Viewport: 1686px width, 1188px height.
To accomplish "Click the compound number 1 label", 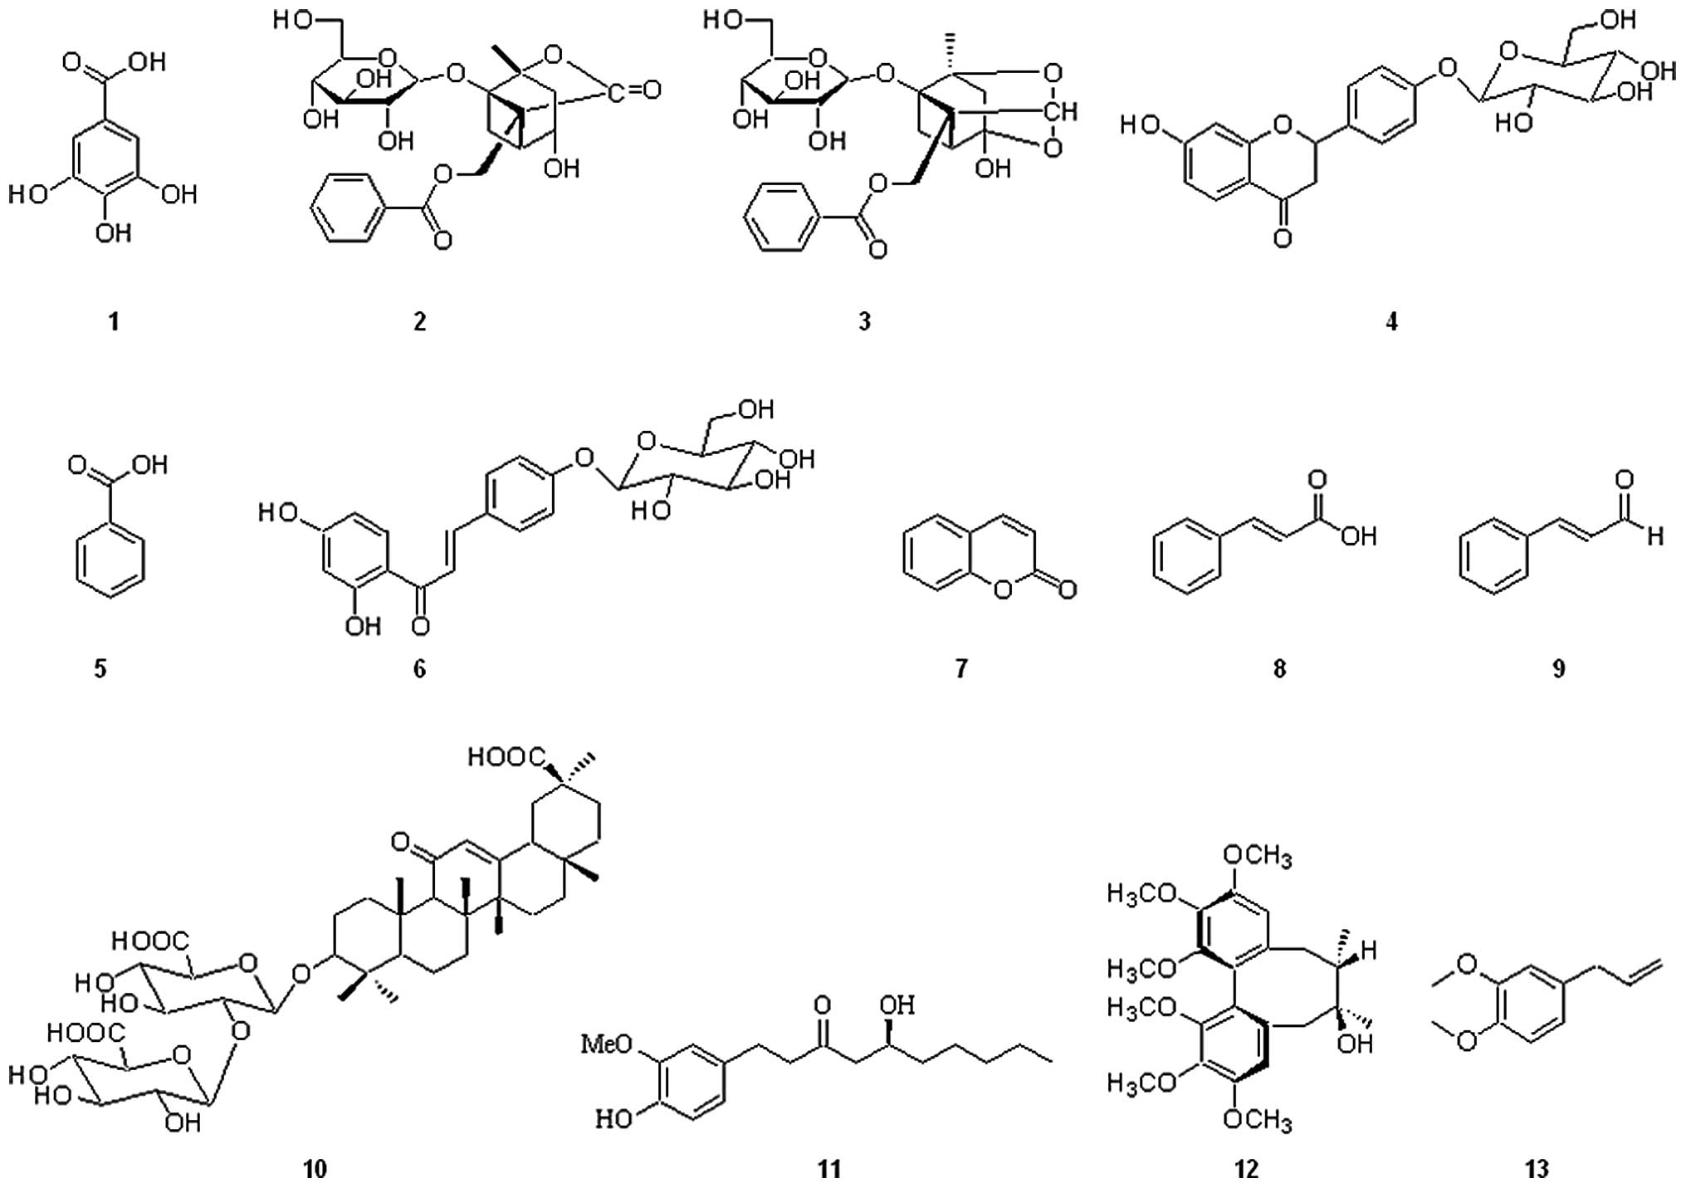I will tap(114, 321).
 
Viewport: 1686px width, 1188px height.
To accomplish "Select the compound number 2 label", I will tap(420, 321).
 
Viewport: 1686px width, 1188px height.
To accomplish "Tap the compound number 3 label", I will tap(864, 321).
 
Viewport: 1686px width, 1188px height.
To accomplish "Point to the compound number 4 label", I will tap(1392, 321).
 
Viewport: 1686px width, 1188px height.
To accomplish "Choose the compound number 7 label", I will tap(961, 668).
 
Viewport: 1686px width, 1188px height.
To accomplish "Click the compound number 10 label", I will tap(315, 1169).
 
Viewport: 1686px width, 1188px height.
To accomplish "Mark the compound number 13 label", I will tap(1537, 1169).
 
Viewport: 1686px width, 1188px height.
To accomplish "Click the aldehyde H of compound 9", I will tap(1656, 536).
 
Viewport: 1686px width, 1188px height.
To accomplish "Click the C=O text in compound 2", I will tap(634, 89).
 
